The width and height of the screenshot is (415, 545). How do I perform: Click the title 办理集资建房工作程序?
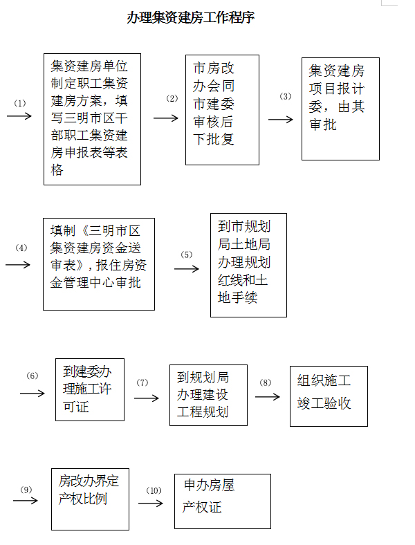(190, 17)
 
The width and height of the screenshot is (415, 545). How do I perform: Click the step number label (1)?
(20, 103)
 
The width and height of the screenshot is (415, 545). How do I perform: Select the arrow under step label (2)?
(166, 118)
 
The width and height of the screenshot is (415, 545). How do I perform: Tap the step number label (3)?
(286, 96)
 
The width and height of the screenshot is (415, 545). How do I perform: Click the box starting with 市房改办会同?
(222, 110)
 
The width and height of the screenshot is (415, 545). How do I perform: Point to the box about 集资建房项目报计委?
(340, 109)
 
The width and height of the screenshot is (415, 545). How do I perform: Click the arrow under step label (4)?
(18, 265)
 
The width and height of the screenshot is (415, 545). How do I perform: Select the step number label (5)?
(187, 255)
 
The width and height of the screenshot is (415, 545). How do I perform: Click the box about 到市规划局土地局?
(248, 265)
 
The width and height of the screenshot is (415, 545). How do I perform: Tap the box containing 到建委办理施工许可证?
(90, 389)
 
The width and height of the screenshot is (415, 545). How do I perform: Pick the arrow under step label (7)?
(147, 398)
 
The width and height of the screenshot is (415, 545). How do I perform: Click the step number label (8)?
(265, 382)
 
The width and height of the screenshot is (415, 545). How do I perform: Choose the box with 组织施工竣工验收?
(329, 396)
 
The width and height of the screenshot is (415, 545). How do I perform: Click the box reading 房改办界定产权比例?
(90, 499)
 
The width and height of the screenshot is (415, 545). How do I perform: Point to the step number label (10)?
(154, 490)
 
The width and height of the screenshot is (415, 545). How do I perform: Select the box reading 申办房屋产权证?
(223, 501)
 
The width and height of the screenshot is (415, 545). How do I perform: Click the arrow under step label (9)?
(26, 501)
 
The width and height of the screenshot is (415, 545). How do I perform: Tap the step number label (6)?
(33, 376)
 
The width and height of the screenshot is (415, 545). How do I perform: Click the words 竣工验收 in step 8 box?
(324, 403)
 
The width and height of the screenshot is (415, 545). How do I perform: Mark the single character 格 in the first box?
(57, 170)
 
